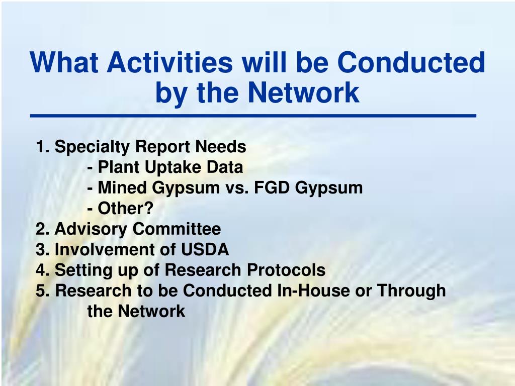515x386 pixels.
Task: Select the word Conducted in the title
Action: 411,62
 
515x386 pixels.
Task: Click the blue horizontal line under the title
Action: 253,116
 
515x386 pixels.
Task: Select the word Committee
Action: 177,229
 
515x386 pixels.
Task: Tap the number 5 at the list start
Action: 40,291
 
